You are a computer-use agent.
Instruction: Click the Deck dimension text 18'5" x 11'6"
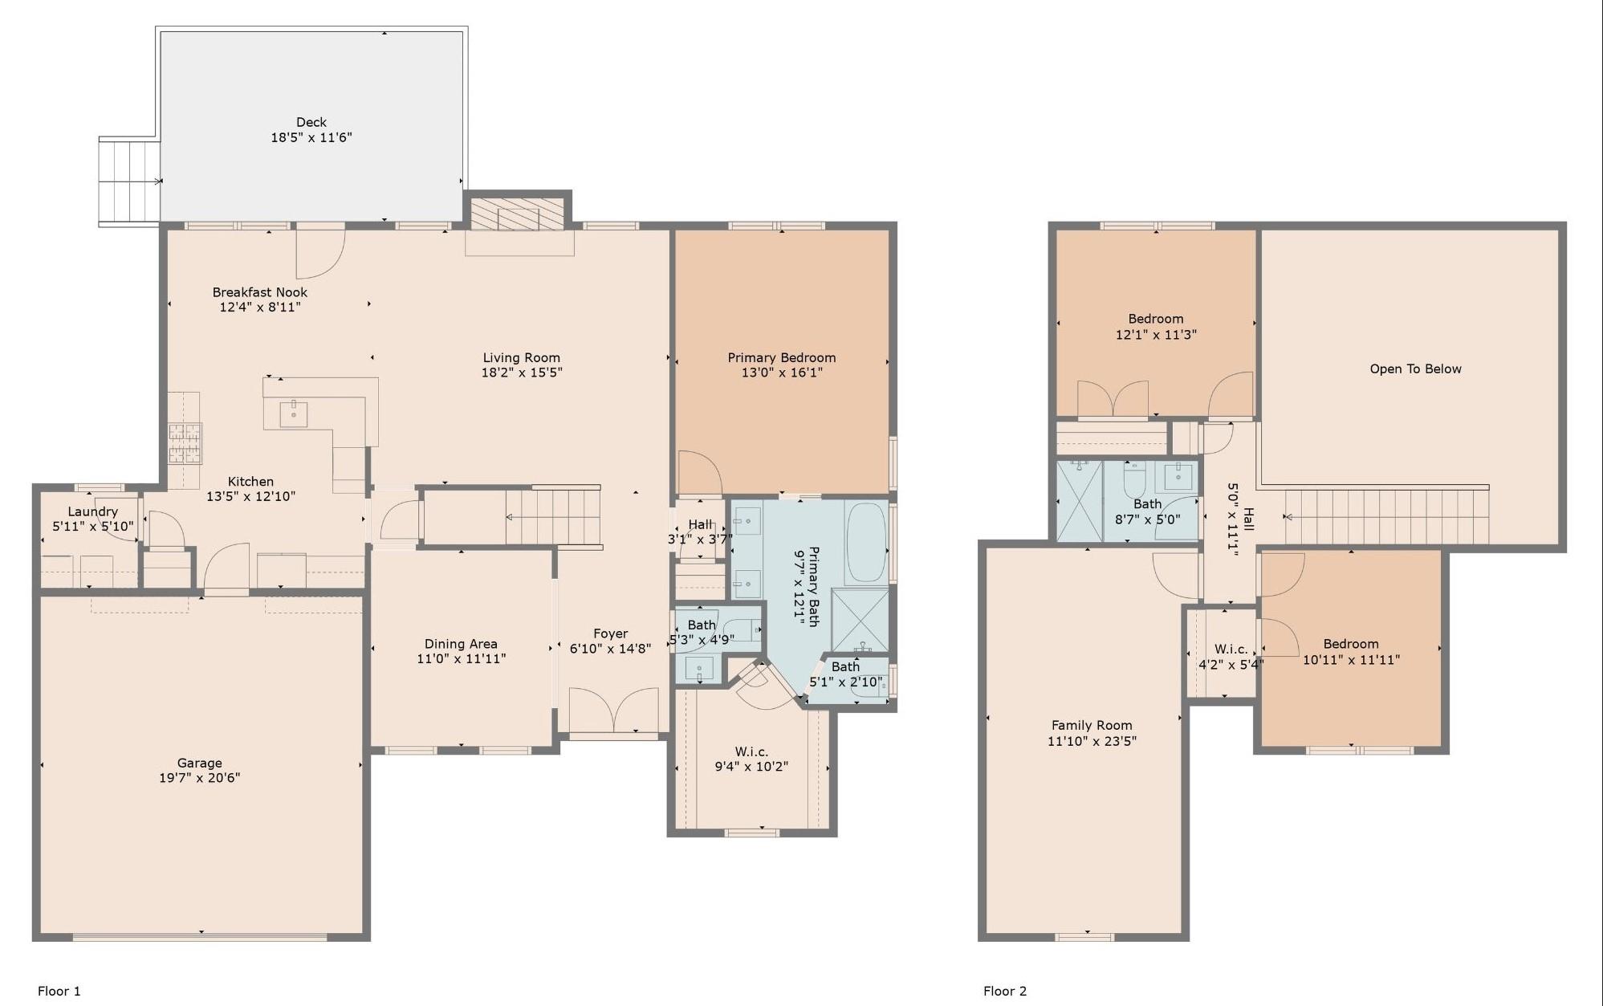pyautogui.click(x=311, y=138)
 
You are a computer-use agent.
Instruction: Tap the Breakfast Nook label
pyautogui.click(x=259, y=292)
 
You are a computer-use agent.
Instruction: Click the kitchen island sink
pyautogui.click(x=294, y=415)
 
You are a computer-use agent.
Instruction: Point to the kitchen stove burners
pyautogui.click(x=185, y=443)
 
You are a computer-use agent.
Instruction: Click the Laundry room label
pyautogui.click(x=93, y=511)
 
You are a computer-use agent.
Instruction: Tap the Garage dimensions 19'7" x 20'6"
pyautogui.click(x=199, y=777)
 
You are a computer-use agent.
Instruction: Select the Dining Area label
pyautogui.click(x=461, y=644)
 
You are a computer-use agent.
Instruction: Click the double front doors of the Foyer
pyautogui.click(x=613, y=711)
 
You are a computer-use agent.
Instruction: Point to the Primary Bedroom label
pyautogui.click(x=781, y=357)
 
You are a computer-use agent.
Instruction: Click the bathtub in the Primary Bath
pyautogui.click(x=865, y=542)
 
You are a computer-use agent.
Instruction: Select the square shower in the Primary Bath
pyautogui.click(x=860, y=620)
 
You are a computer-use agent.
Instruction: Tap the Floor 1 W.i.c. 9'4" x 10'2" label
pyautogui.click(x=751, y=759)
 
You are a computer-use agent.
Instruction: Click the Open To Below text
pyautogui.click(x=1415, y=369)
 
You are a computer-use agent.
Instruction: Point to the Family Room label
pyautogui.click(x=1092, y=725)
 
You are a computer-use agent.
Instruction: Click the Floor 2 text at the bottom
pyautogui.click(x=1004, y=991)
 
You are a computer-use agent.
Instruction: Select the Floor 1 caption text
pyautogui.click(x=59, y=991)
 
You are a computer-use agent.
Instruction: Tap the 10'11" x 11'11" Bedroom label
pyautogui.click(x=1351, y=652)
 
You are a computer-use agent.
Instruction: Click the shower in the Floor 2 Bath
pyautogui.click(x=1080, y=501)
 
